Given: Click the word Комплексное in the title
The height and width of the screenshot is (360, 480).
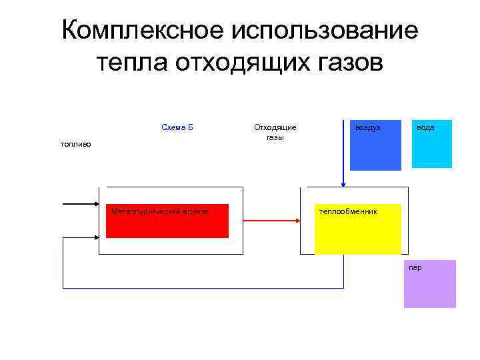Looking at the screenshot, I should click(142, 31).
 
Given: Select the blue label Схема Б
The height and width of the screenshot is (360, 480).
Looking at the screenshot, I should click(177, 127).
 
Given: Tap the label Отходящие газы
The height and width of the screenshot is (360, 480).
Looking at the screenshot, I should click(275, 132).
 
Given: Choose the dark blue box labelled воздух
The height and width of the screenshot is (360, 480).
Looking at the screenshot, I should click(375, 145).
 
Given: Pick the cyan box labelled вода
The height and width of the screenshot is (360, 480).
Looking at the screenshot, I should click(431, 144).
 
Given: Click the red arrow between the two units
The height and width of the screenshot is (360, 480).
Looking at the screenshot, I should click(270, 219).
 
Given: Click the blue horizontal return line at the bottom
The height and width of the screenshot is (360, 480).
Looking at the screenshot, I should click(200, 288).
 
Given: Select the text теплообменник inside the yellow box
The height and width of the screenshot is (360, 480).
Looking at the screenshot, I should click(348, 211).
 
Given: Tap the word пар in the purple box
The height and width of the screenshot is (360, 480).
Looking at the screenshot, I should click(415, 267).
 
